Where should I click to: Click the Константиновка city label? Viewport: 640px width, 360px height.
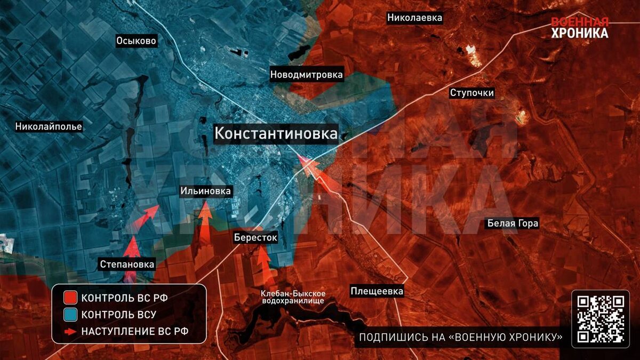click(276, 133)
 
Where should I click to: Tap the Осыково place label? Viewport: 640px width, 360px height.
click(137, 41)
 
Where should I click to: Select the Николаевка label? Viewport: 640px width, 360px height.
click(414, 18)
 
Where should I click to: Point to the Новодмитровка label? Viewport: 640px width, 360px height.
click(306, 75)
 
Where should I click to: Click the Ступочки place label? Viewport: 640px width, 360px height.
click(471, 93)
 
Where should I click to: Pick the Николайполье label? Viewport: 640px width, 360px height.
click(49, 127)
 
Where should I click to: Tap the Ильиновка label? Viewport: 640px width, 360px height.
click(205, 191)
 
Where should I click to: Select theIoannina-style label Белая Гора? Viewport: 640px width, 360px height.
click(513, 223)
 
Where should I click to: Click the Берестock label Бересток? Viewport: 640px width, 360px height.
click(255, 237)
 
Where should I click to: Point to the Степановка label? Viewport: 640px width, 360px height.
click(127, 264)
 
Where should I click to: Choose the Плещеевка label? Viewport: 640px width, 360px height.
click(377, 291)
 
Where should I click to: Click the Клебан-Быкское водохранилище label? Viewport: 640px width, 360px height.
click(293, 297)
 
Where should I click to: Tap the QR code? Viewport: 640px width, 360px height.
click(601, 318)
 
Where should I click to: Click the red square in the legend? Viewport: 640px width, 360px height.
click(70, 298)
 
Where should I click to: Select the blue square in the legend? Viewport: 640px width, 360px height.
click(70, 314)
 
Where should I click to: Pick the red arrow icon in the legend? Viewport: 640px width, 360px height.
click(70, 331)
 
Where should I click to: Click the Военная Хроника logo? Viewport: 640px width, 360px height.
click(579, 28)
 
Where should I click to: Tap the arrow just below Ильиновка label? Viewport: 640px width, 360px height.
click(205, 219)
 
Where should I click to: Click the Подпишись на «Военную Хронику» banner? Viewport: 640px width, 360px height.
click(461, 337)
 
